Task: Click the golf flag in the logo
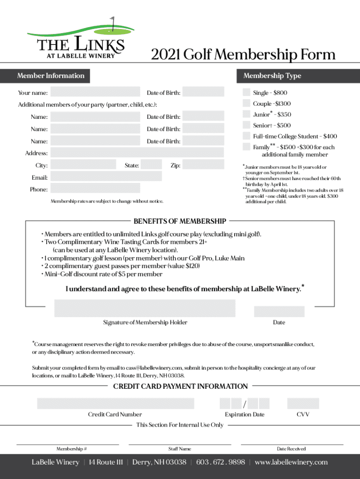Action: click(x=112, y=21)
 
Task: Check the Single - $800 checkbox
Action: click(x=246, y=92)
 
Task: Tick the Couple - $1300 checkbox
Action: click(x=246, y=103)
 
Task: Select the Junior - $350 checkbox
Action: click(x=246, y=114)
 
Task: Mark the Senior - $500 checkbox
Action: click(x=246, y=125)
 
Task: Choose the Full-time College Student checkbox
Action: click(x=246, y=136)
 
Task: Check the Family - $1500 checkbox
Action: click(x=246, y=147)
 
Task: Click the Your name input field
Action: click(x=95, y=92)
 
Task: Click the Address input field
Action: click(x=137, y=153)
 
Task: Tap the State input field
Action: click(x=151, y=165)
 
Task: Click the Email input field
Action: click(x=106, y=177)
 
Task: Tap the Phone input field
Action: click(x=95, y=189)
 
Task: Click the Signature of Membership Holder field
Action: click(x=145, y=308)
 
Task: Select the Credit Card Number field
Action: click(x=115, y=403)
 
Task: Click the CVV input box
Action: click(x=303, y=403)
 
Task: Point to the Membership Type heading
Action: click(x=272, y=76)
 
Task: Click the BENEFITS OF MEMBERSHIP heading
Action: click(x=180, y=221)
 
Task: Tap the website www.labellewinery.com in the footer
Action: click(x=291, y=462)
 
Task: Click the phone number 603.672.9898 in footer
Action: click(x=220, y=462)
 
